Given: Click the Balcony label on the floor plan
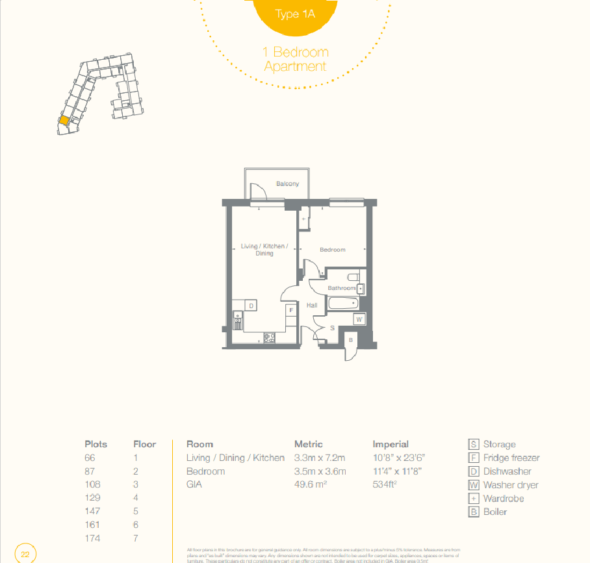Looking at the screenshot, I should [x=287, y=184].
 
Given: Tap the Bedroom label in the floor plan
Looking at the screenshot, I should [x=332, y=250].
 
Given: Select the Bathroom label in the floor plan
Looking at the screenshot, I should [x=341, y=288].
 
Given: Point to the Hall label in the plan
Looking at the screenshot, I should [x=312, y=305].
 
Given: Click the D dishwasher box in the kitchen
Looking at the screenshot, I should [x=251, y=306].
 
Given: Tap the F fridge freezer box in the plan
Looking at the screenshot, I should [x=291, y=311].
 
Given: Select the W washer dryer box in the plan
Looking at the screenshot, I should [x=359, y=319].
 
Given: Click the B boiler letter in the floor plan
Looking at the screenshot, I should [x=351, y=340].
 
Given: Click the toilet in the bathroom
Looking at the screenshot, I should [x=353, y=276].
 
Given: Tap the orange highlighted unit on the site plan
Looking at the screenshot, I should [x=64, y=120].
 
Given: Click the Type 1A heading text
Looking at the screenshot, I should [x=295, y=14].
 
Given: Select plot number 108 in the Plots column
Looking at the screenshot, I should [x=94, y=484].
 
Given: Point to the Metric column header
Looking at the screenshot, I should [x=309, y=444].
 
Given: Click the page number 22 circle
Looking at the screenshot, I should [x=25, y=555].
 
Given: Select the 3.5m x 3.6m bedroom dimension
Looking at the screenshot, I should [x=320, y=471].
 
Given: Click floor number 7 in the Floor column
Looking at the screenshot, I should [x=136, y=538].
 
